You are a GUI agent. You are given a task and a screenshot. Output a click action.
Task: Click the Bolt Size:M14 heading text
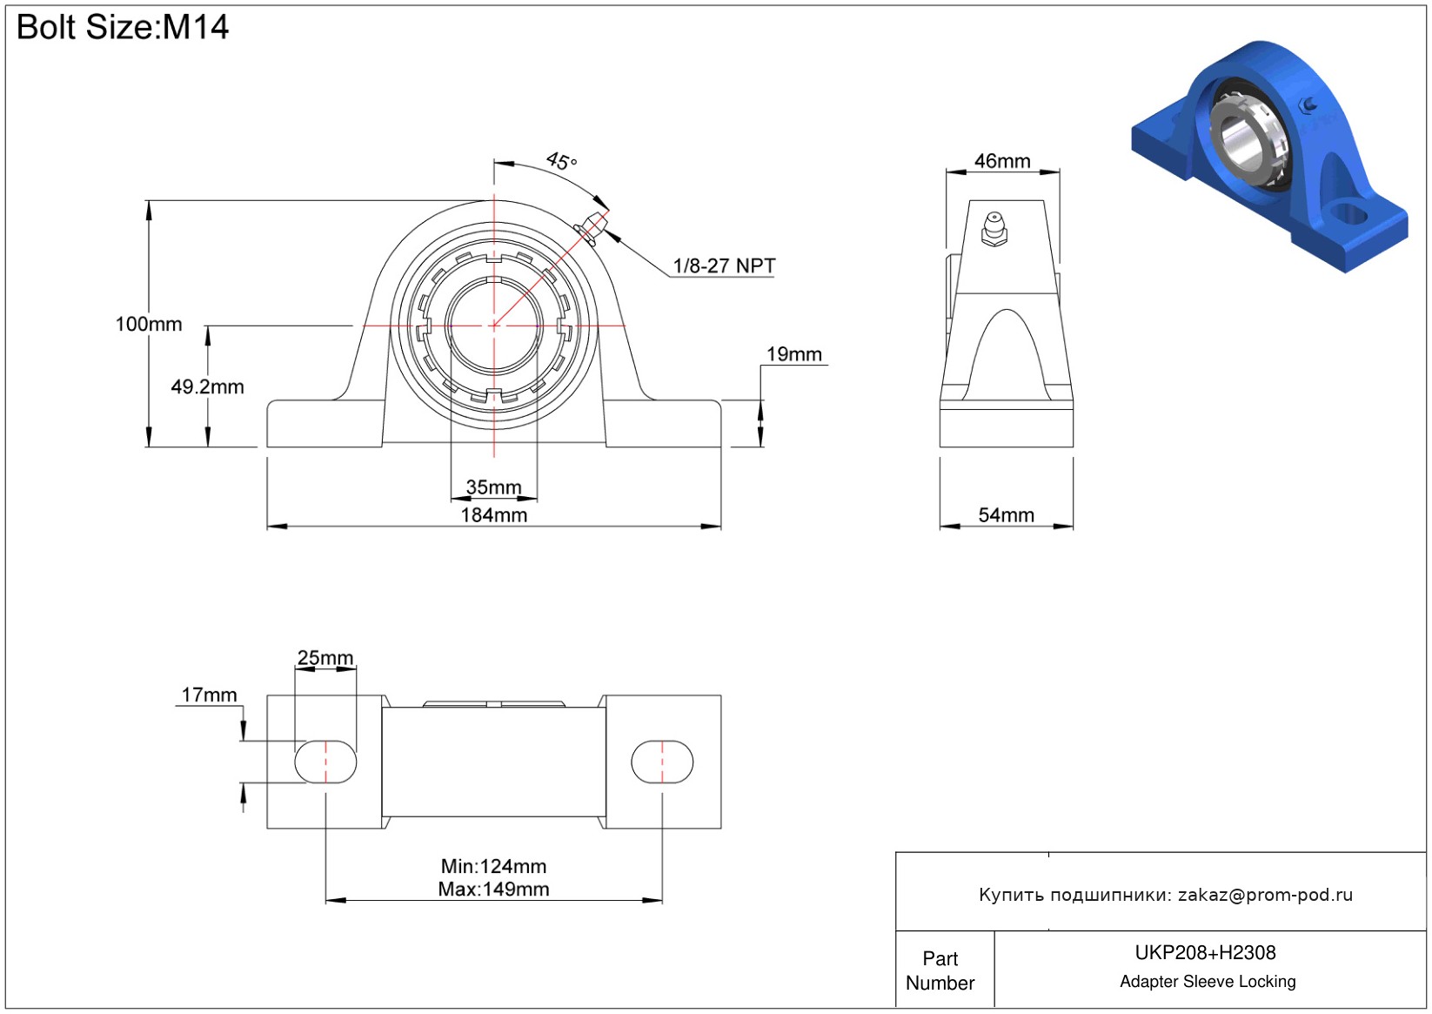pyautogui.click(x=123, y=28)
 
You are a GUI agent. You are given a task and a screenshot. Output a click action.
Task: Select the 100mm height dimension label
pyautogui.click(x=149, y=324)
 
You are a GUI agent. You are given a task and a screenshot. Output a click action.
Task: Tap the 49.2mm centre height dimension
pyautogui.click(x=207, y=386)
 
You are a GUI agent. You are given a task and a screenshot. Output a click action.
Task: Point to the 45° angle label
pyautogui.click(x=561, y=161)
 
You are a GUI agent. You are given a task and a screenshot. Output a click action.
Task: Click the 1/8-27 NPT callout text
pyautogui.click(x=724, y=265)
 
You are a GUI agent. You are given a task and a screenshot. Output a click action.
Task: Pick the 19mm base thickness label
pyautogui.click(x=793, y=354)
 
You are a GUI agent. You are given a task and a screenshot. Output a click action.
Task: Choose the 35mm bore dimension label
pyautogui.click(x=493, y=487)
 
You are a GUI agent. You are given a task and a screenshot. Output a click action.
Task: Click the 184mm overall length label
pyautogui.click(x=493, y=515)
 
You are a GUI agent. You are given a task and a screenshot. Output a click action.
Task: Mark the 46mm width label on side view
pyautogui.click(x=1002, y=161)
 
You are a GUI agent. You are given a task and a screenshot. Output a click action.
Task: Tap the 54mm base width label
pyautogui.click(x=1006, y=515)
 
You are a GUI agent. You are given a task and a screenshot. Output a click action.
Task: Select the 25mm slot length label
pyautogui.click(x=325, y=658)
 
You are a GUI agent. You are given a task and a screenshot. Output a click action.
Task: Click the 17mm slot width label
pyautogui.click(x=209, y=695)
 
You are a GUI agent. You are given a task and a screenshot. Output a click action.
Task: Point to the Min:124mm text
pyautogui.click(x=493, y=866)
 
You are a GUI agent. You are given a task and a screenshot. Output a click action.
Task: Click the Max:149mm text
pyautogui.click(x=493, y=890)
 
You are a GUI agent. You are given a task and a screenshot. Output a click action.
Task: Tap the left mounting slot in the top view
pyautogui.click(x=325, y=762)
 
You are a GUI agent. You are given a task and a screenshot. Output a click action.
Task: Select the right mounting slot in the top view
pyautogui.click(x=662, y=762)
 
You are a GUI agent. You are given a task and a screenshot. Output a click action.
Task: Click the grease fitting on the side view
pyautogui.click(x=994, y=228)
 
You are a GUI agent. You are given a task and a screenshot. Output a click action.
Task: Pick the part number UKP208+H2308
pyautogui.click(x=1205, y=952)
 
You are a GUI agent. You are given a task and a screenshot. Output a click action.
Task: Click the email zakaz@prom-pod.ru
pyautogui.click(x=1265, y=895)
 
